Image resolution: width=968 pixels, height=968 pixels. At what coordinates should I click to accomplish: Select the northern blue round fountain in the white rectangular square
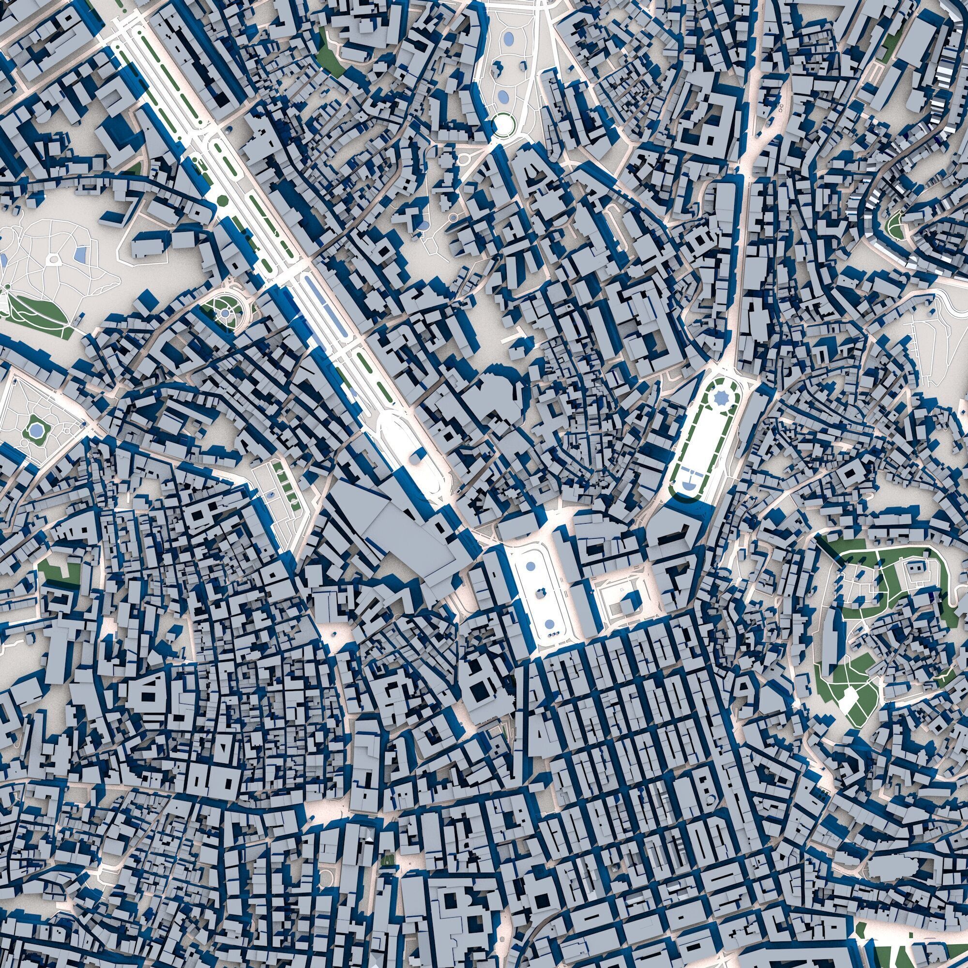529,566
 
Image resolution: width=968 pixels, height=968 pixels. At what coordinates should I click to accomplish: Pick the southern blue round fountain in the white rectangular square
550,624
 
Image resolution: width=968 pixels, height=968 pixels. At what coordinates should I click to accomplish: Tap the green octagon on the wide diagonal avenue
222,201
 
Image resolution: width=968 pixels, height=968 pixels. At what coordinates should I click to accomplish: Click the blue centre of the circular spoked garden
226,313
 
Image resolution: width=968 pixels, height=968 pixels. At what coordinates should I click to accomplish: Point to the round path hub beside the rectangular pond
53,258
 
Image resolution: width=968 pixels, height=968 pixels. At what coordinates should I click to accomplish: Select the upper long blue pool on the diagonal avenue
315,293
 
